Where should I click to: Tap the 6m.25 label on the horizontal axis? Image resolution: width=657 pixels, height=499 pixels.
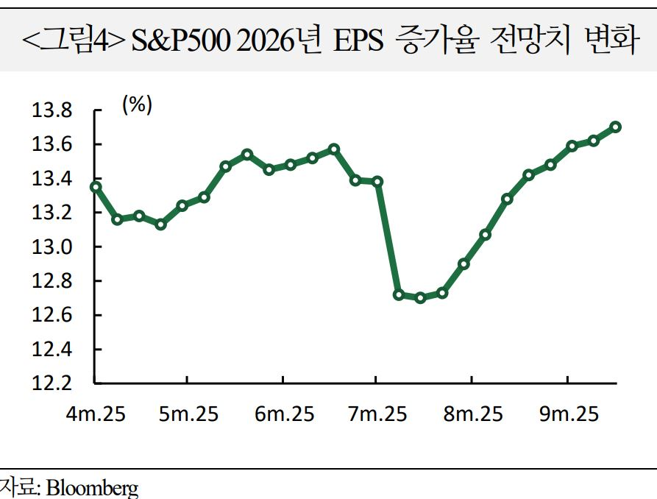pyautogui.click(x=283, y=414)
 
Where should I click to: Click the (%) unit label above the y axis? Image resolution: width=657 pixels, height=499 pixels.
pyautogui.click(x=137, y=105)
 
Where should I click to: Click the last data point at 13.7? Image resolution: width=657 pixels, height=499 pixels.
pyautogui.click(x=615, y=127)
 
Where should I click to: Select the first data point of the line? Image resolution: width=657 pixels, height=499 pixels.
pyautogui.click(x=95, y=187)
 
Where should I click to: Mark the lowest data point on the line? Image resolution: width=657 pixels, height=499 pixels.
pyautogui.click(x=420, y=298)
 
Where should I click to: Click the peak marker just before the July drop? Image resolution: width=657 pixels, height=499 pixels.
pyautogui.click(x=334, y=149)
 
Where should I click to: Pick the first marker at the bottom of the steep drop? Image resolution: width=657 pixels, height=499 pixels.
pyautogui.click(x=399, y=295)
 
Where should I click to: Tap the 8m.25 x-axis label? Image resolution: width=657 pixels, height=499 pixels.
pyautogui.click(x=473, y=414)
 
